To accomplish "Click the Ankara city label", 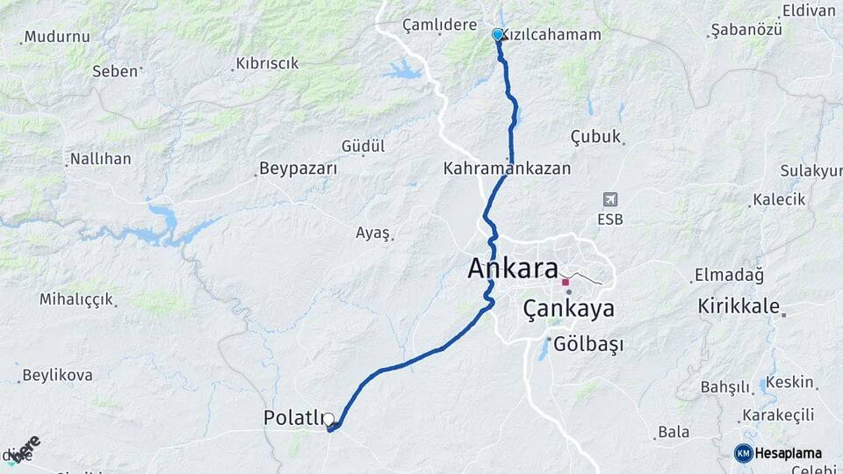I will pyautogui.click(x=513, y=269).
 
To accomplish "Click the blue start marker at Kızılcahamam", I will pyautogui.click(x=498, y=34).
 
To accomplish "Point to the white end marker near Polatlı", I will pyautogui.click(x=329, y=420).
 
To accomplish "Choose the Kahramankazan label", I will pyautogui.click(x=508, y=168).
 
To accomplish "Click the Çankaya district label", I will pyautogui.click(x=568, y=309).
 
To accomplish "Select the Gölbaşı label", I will pyautogui.click(x=586, y=345).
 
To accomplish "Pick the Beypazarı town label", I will pyautogui.click(x=299, y=168).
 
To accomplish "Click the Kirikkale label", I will pyautogui.click(x=739, y=306).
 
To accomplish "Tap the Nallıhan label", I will pyautogui.click(x=100, y=159).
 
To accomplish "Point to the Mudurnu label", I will pyautogui.click(x=57, y=37).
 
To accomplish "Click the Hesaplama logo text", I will pyautogui.click(x=788, y=453).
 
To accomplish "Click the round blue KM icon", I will pyautogui.click(x=743, y=453).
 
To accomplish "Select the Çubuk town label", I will pyautogui.click(x=595, y=136).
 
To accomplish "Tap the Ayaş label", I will pyautogui.click(x=372, y=233).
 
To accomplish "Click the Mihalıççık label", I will pyautogui.click(x=76, y=298).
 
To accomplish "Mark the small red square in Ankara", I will pyautogui.click(x=566, y=282).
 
